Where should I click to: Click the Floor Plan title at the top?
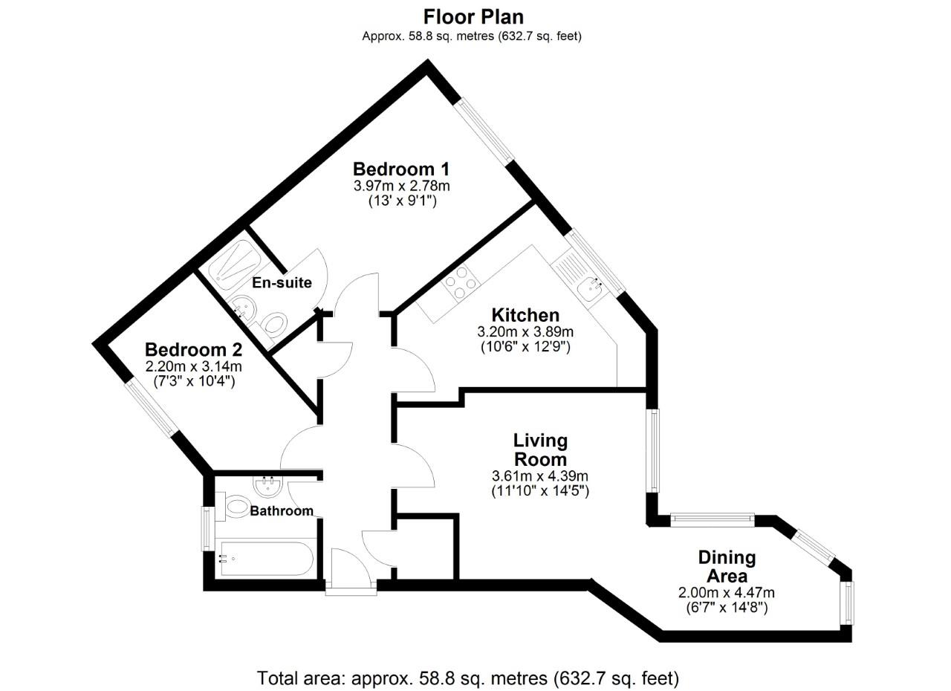473,16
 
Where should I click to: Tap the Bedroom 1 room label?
401,169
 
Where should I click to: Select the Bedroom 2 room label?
193,349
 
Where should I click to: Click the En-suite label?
282,283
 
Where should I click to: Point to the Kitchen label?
525,315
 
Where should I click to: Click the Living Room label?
540,450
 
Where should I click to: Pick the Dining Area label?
727,566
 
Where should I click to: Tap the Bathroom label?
281,511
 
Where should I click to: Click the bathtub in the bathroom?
264,559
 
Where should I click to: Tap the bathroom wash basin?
267,487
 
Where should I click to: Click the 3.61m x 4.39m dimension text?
540,476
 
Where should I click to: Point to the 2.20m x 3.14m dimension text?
193,366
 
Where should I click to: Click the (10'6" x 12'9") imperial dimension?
525,347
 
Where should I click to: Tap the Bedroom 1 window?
485,132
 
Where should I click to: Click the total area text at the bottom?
468,678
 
